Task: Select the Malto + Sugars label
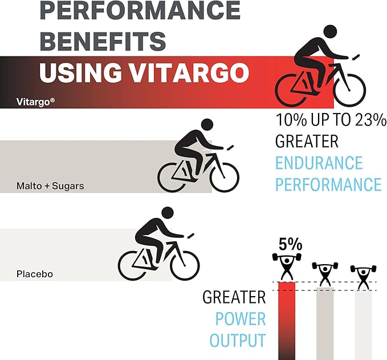pos(51,186)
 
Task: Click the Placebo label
pos(35,274)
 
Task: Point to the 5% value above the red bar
pos(290,245)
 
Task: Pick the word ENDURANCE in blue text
pos(319,163)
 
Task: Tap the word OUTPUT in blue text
pos(237,341)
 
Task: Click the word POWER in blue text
pos(240,319)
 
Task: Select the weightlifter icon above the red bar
pos(286,268)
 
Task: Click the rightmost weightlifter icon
pos(363,276)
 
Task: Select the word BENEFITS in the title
pos(103,41)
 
